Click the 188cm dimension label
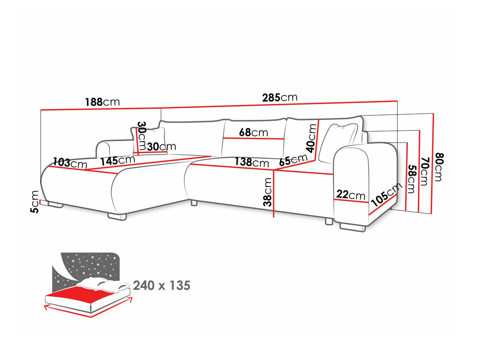coord(102,102)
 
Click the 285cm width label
coord(280,98)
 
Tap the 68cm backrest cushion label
coord(253,132)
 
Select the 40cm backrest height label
coord(311,138)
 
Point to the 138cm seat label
coord(251,162)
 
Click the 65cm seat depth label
coord(293,160)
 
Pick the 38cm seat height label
coord(267,192)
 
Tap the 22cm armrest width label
coord(351,195)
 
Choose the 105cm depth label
coord(386,195)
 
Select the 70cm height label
coord(423,172)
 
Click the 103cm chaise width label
coord(70,163)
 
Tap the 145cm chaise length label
coord(118,160)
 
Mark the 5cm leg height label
coord(34,202)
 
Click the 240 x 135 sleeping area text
coord(162,285)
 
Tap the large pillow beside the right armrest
coord(338,143)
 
